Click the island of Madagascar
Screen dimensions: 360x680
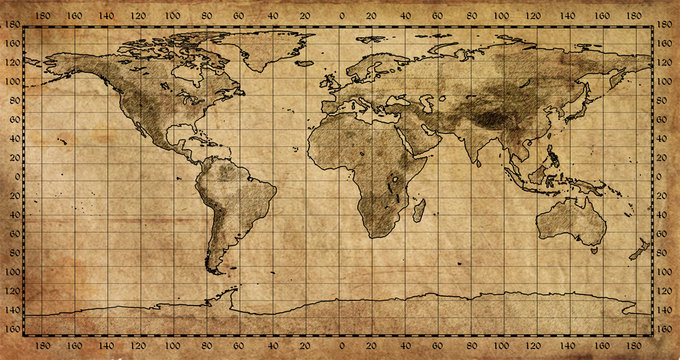tap(419, 210)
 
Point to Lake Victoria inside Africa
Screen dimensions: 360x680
tap(396, 181)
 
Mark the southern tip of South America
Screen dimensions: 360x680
tap(213, 270)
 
